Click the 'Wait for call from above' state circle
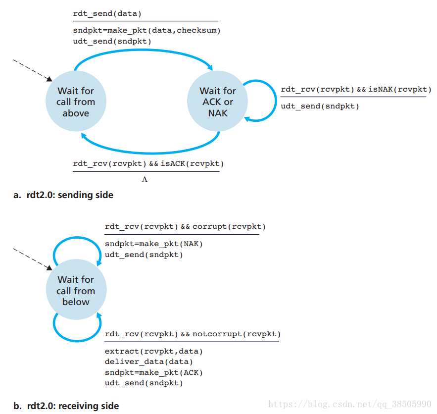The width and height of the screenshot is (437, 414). pyautogui.click(x=76, y=102)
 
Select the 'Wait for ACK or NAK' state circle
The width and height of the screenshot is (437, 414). pyautogui.click(x=218, y=102)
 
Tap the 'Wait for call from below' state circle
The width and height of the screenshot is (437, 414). pyautogui.click(x=76, y=291)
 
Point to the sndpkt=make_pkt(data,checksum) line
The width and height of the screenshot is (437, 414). pyautogui.click(x=146, y=31)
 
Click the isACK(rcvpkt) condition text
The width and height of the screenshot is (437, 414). pyautogui.click(x=193, y=163)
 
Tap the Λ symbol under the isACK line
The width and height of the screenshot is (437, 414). pyautogui.click(x=145, y=180)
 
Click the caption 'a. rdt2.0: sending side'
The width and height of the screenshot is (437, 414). pyautogui.click(x=63, y=195)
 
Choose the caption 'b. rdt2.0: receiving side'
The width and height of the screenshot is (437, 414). pyautogui.click(x=66, y=406)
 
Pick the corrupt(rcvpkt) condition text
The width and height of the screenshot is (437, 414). pyautogui.click(x=229, y=227)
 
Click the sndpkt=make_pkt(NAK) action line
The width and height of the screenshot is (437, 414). pyautogui.click(x=154, y=244)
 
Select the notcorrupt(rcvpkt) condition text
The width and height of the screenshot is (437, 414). pyautogui.click(x=236, y=334)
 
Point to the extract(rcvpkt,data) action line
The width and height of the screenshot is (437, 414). pyautogui.click(x=154, y=351)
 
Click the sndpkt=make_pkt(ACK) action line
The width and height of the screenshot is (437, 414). pyautogui.click(x=154, y=372)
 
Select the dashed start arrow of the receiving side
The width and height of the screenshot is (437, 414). pyautogui.click(x=32, y=259)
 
